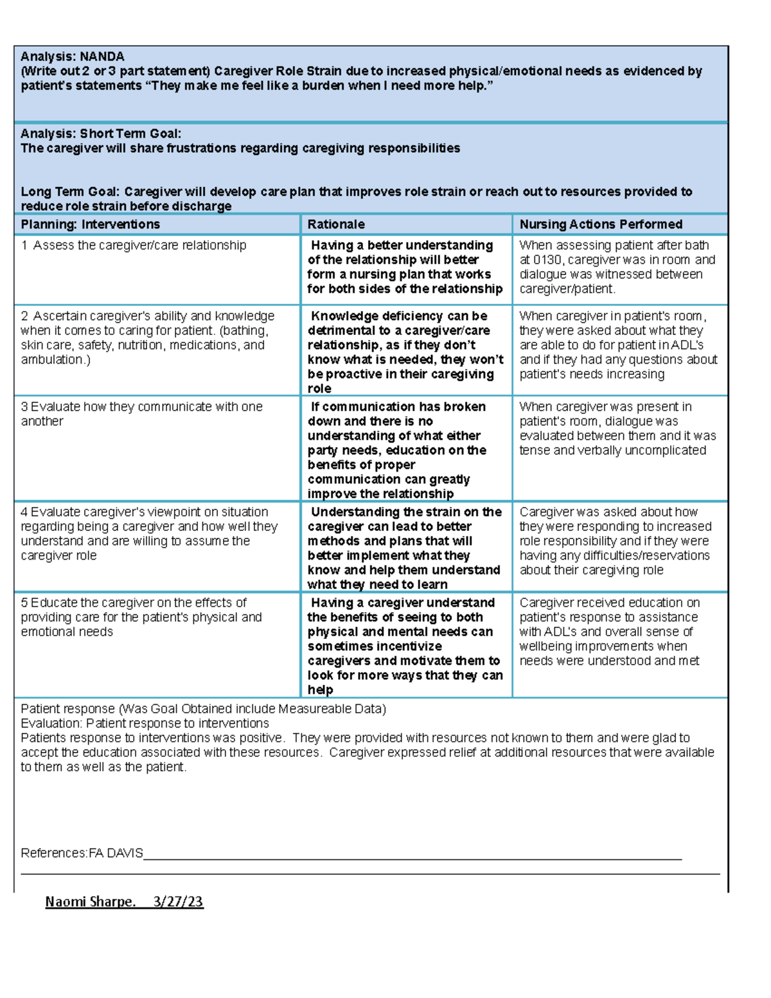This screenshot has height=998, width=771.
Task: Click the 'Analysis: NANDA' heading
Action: point(72,57)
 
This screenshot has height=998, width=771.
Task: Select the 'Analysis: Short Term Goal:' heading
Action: point(101,134)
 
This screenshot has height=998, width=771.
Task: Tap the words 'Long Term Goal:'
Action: point(70,192)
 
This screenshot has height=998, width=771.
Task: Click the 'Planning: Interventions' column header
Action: point(90,224)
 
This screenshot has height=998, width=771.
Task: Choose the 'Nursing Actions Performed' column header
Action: point(601,224)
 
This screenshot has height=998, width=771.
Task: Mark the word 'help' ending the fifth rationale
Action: point(320,690)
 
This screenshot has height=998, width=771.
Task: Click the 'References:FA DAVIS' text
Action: point(82,853)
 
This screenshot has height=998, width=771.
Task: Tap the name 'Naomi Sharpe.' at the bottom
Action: point(90,902)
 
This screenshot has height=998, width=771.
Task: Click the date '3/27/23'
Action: point(178,902)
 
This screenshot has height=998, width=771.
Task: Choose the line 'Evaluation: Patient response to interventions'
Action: point(145,724)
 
